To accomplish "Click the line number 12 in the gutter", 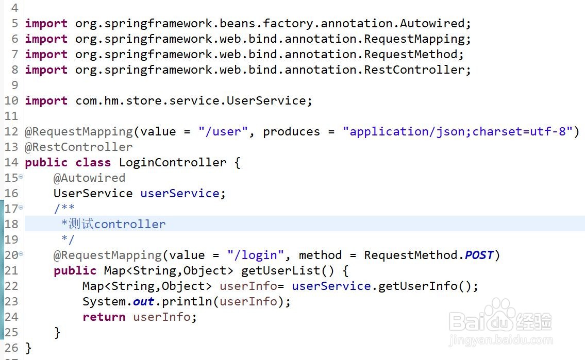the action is pos(11,132).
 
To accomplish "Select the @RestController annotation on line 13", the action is pos(79,147).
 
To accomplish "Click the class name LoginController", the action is pos(172,163).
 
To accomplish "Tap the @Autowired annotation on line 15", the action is pos(89,178).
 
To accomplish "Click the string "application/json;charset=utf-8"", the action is pos(457,132).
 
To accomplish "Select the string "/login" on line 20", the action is pos(255,255).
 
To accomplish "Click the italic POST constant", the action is pos(479,255).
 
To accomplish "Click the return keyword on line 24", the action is pos(104,317).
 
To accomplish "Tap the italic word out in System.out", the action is pos(143,302).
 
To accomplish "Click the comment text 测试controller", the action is pos(116,225).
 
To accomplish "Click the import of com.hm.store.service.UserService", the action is pos(193,101).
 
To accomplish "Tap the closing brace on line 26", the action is pos(28,348).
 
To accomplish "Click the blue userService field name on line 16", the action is pos(179,194).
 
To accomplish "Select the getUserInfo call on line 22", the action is pos(417,286).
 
